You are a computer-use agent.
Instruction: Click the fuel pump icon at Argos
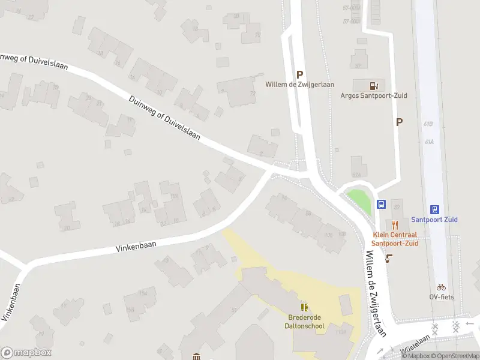pos(374,85)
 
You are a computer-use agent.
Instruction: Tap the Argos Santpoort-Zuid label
pos(370,95)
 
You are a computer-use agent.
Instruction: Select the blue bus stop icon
pos(381,204)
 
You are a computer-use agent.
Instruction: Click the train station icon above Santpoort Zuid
pos(435,210)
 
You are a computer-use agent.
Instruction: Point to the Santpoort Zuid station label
pos(434,220)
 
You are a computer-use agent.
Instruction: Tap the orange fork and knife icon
pos(394,225)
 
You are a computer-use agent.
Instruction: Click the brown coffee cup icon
pos(389,259)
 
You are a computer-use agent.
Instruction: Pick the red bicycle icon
pos(441,287)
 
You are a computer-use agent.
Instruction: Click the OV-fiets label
pos(441,297)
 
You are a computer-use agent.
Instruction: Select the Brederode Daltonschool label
pos(304,322)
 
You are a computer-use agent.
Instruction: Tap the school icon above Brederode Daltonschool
pos(304,307)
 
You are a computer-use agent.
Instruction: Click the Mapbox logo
pos(26,352)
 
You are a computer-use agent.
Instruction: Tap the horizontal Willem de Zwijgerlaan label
pos(300,85)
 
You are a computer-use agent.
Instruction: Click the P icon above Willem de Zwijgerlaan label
pos(299,74)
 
